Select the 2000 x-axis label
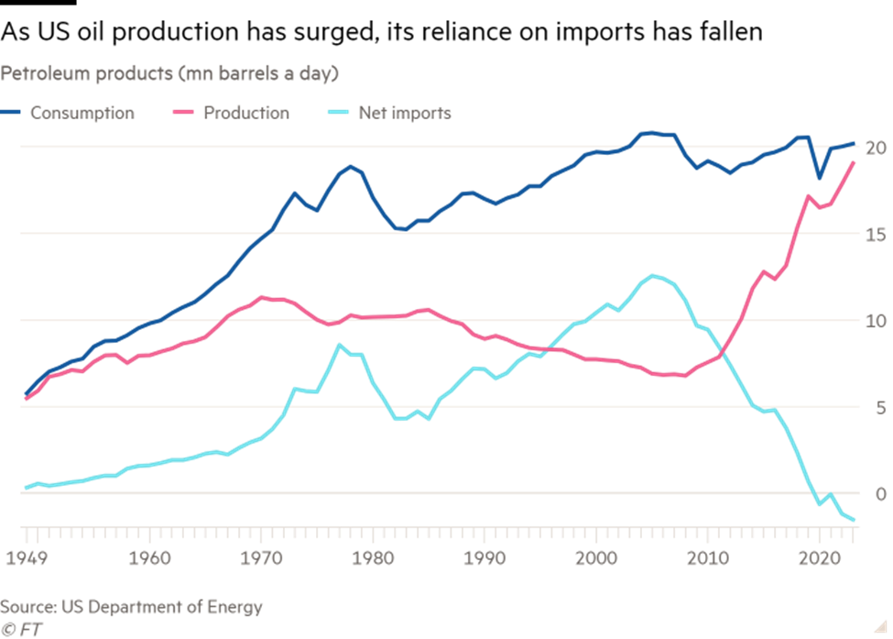(x=597, y=556)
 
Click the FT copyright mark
(x=22, y=628)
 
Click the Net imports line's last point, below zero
(x=855, y=521)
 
